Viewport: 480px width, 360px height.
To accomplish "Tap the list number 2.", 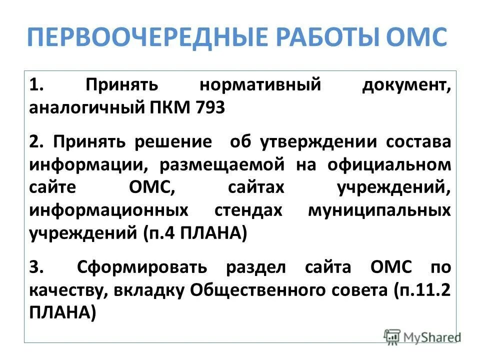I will pos(36,141).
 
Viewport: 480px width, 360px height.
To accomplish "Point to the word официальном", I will pos(388,164).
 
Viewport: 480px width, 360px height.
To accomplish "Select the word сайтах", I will pos(256,187).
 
